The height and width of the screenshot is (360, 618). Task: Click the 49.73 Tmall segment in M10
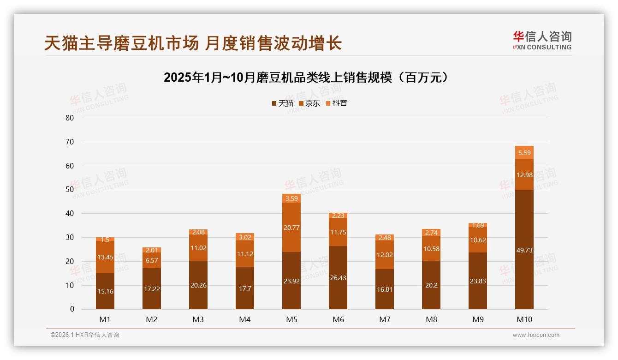524,250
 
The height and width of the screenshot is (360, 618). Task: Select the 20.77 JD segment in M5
291,227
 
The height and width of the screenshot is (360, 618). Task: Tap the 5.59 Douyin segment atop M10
524,153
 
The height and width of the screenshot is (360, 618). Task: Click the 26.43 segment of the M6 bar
338,277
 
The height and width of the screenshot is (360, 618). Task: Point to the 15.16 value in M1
105,291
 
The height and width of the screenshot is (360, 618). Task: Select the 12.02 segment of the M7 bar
385,255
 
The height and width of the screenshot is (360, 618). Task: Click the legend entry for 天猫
282,103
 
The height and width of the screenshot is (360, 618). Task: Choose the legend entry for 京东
309,103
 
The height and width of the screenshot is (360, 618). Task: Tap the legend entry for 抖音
336,103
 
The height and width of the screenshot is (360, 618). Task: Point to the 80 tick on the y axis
70,118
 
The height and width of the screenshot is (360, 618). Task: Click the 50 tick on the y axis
70,190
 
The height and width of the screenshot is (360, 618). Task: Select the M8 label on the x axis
431,319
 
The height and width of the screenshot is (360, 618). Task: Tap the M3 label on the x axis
198,319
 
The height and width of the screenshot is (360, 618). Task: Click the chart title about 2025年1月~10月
306,78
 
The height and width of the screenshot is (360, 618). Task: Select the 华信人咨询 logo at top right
542,40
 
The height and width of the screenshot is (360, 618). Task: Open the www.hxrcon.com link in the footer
536,335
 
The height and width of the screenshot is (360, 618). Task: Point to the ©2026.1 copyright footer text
85,335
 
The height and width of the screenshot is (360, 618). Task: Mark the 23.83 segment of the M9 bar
478,281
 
